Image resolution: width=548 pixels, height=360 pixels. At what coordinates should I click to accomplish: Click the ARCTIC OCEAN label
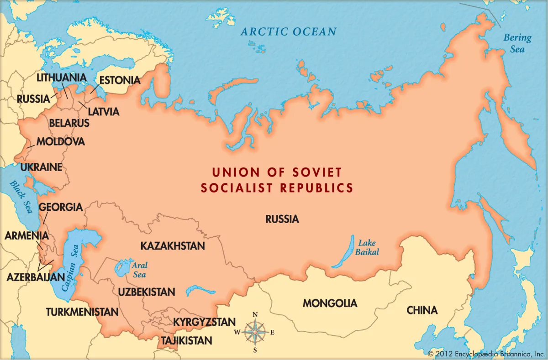coord(289,31)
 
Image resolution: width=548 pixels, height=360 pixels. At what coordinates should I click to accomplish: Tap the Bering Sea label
coord(517,43)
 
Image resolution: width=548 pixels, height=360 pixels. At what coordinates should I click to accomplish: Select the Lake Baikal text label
coord(369,247)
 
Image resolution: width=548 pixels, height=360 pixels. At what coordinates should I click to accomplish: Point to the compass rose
coord(255,332)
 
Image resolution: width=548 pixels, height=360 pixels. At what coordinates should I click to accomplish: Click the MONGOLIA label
coord(330,303)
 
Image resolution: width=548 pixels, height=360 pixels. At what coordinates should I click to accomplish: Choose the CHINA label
coord(422,310)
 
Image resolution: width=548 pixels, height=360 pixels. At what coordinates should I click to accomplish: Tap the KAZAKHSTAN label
coord(173,246)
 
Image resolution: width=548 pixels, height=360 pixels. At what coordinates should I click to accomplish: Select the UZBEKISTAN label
coord(146,292)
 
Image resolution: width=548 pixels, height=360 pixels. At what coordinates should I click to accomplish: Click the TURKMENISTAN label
coord(82,312)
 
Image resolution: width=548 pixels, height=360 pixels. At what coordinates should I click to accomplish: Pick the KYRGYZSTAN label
coord(204,322)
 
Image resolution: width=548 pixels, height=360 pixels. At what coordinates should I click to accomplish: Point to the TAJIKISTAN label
coord(186,340)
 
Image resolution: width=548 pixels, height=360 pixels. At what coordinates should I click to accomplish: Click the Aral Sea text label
coord(140,270)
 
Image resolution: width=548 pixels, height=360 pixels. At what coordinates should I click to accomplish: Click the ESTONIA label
coord(120,80)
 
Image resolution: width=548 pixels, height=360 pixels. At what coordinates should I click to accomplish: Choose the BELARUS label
coord(69,123)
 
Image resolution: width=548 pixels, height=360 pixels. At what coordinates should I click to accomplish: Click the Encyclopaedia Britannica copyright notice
coord(486,354)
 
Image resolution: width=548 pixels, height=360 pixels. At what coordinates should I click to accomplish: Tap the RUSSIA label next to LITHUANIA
coord(33,99)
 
